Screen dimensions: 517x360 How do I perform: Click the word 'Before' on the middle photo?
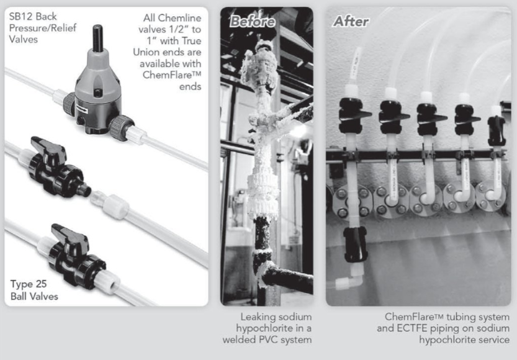click(x=252, y=22)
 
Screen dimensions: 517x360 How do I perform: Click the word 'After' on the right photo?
click(x=351, y=22)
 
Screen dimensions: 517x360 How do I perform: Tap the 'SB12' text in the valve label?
click(x=20, y=17)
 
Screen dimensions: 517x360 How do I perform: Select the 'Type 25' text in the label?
click(x=29, y=284)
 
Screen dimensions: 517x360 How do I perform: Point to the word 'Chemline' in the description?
click(x=181, y=18)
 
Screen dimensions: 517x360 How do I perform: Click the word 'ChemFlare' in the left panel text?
click(x=167, y=75)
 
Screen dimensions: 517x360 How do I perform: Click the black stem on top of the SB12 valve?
click(x=97, y=38)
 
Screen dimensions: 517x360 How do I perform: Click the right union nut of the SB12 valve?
click(x=120, y=128)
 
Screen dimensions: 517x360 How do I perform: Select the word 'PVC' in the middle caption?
click(x=300, y=340)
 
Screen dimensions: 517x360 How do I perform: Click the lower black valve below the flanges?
click(x=355, y=244)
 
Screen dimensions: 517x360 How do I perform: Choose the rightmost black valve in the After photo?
click(x=497, y=130)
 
